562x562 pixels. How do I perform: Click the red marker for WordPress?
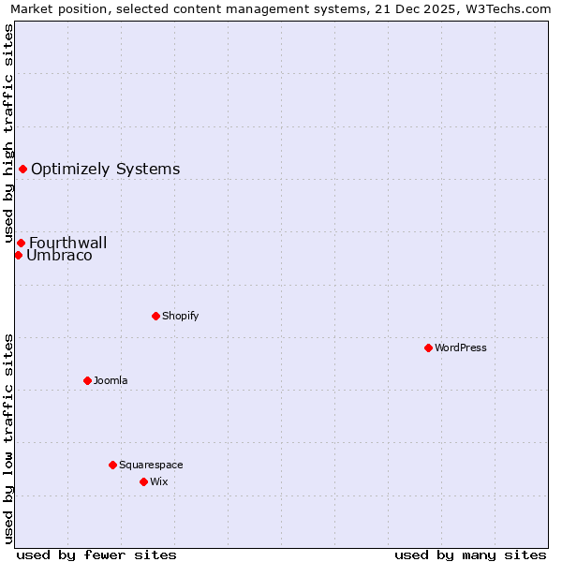coord(428,348)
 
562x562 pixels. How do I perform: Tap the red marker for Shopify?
coord(155,316)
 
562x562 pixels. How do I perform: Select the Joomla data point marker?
coord(87,380)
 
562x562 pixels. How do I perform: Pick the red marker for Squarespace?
coord(112,465)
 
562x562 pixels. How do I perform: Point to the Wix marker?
coord(143,481)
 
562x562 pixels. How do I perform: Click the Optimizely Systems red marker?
coord(22,169)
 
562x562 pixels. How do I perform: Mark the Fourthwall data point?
coord(21,243)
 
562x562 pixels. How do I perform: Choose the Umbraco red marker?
coord(18,255)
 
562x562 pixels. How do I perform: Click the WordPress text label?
coord(461,348)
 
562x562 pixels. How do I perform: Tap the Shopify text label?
coord(181,316)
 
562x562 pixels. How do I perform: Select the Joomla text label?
coord(111,380)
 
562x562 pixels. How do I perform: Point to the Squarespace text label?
coord(151,465)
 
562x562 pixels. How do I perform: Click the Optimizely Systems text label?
coord(105,170)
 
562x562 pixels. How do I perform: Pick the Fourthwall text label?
coord(67,243)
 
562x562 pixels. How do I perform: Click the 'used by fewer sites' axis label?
coord(96,555)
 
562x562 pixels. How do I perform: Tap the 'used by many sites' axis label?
coord(470,555)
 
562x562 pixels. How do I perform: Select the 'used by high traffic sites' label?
coord(8,134)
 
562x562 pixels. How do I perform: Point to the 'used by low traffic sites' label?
coord(8,437)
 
